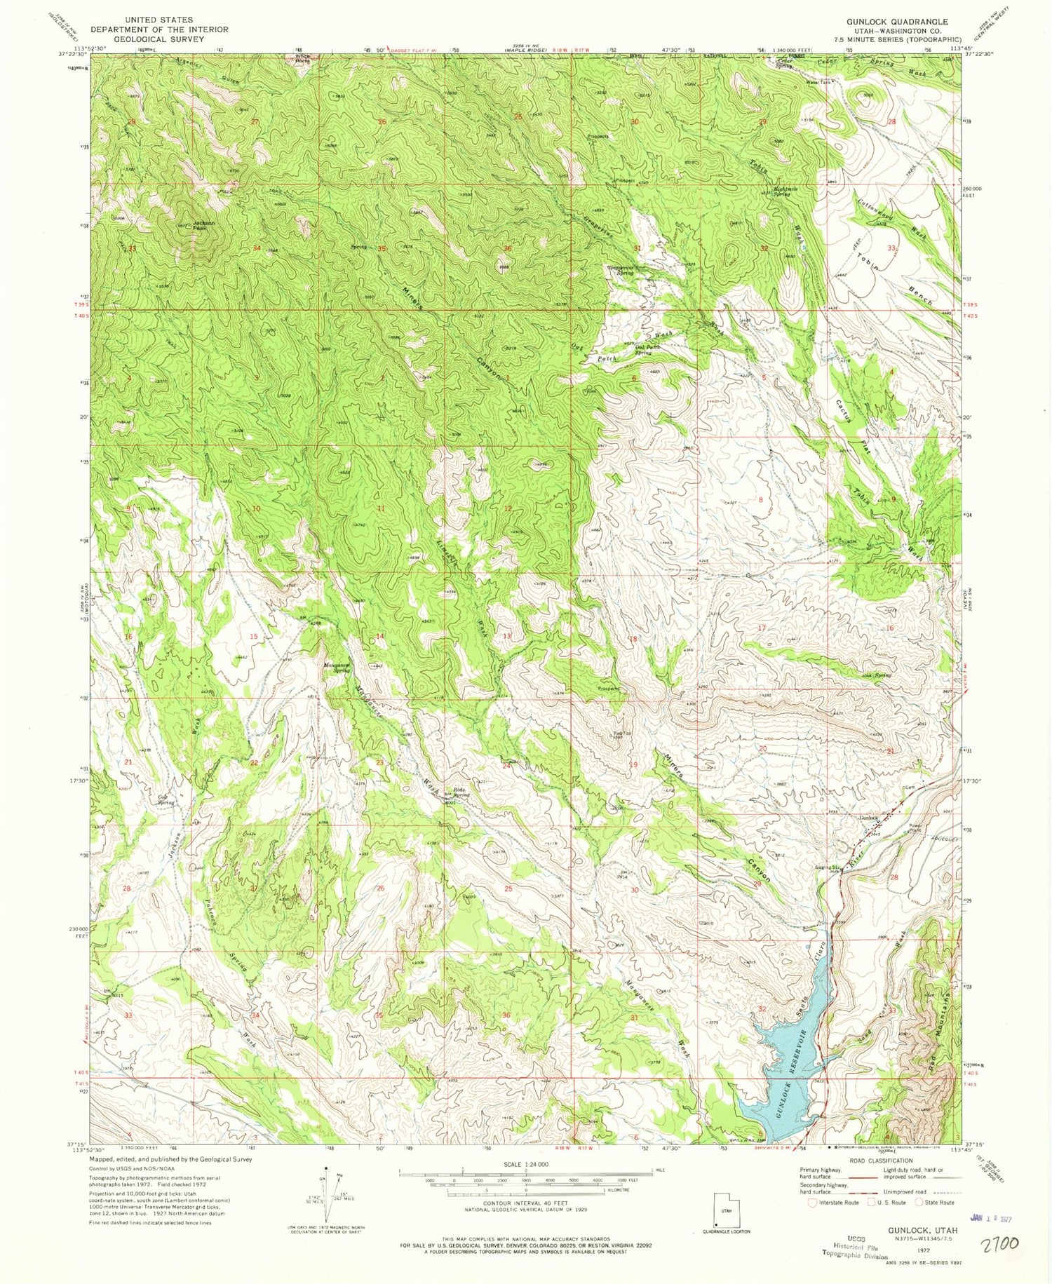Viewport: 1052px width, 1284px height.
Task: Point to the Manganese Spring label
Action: tap(337, 668)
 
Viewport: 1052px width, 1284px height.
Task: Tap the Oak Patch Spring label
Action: tap(648, 350)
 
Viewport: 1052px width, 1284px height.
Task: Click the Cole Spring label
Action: tap(165, 798)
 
